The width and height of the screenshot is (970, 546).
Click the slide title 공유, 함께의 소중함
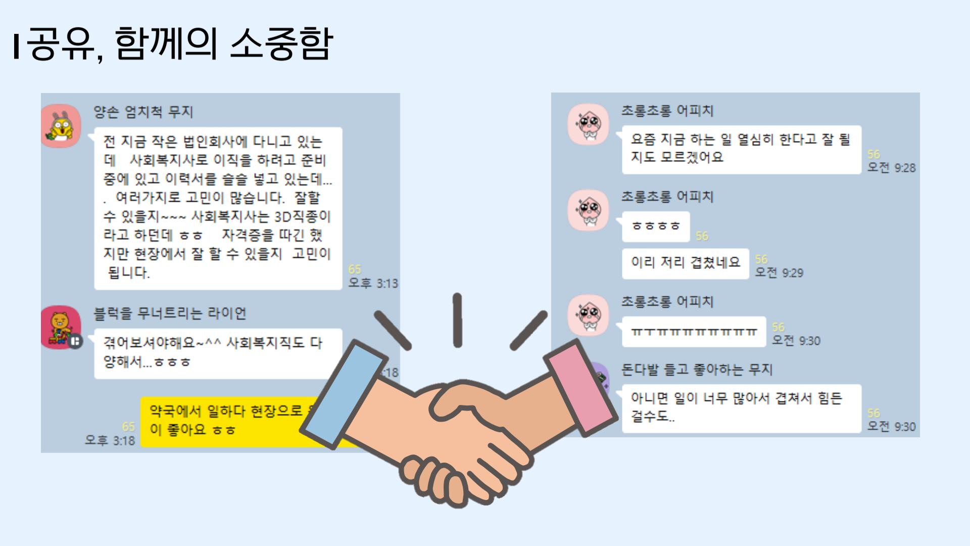click(179, 44)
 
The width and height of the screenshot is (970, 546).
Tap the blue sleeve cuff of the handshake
click(342, 394)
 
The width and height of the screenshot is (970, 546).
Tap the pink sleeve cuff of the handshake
click(581, 387)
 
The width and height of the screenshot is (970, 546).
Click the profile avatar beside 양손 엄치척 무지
click(61, 126)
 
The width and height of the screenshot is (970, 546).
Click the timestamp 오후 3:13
click(373, 283)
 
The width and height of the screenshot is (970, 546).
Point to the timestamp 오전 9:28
click(891, 168)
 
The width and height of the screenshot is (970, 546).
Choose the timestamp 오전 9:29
click(779, 273)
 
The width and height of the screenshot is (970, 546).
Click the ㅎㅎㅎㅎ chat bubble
click(656, 226)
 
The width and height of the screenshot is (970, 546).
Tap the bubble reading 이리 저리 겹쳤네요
click(685, 263)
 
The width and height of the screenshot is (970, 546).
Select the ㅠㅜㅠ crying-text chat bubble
click(694, 332)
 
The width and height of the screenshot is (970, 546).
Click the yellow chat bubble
click(227, 421)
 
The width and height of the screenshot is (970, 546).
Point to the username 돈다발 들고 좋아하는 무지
click(697, 370)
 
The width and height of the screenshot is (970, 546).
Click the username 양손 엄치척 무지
click(143, 112)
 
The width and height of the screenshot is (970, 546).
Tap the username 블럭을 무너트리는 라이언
click(170, 313)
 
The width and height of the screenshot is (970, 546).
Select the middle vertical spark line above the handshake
click(457, 320)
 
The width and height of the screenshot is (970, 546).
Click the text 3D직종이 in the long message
click(302, 217)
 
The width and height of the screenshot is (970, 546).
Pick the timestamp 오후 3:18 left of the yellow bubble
click(110, 440)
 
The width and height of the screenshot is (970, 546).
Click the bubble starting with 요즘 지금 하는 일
click(741, 149)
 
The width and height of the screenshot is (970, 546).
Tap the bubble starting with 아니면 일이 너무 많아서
click(741, 407)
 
